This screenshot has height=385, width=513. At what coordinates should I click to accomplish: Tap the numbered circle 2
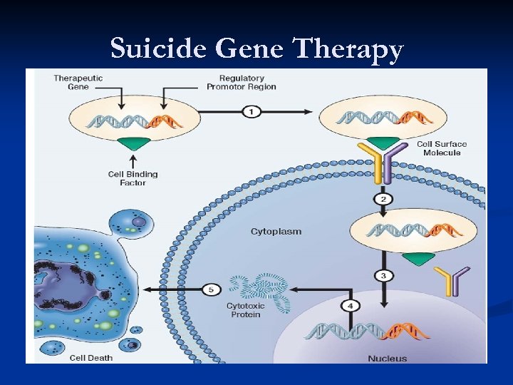click(x=383, y=199)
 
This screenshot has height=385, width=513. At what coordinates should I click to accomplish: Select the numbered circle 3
click(x=383, y=276)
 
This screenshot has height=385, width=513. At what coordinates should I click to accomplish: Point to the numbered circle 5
click(x=212, y=289)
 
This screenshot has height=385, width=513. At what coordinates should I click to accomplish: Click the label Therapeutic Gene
click(x=78, y=82)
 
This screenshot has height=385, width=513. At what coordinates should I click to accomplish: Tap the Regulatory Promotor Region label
click(x=242, y=82)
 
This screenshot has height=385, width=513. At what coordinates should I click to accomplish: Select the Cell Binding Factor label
click(x=133, y=178)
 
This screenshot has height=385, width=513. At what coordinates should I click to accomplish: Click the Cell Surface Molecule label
click(x=442, y=148)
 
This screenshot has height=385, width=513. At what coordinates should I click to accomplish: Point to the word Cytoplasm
click(x=276, y=232)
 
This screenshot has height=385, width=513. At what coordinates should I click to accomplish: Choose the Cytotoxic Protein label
click(x=245, y=310)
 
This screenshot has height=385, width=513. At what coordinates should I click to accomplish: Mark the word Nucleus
click(x=388, y=358)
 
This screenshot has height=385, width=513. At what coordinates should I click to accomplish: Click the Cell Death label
click(x=91, y=357)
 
